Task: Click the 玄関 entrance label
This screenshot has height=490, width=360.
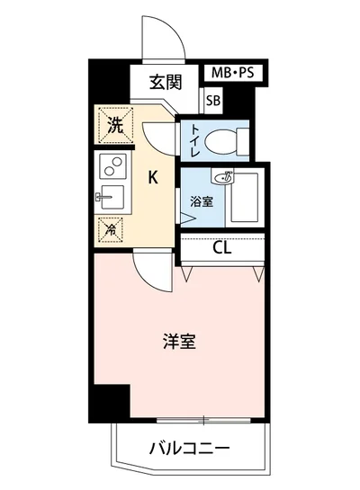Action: [x=166, y=84]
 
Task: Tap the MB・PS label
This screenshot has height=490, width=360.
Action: [x=230, y=73]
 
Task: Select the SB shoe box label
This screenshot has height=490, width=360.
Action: [x=213, y=102]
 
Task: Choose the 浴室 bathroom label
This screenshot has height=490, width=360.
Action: [x=202, y=200]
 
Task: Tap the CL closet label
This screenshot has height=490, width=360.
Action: [x=222, y=247]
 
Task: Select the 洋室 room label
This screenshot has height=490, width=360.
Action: [x=179, y=342]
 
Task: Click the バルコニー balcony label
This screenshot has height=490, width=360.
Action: [x=189, y=447]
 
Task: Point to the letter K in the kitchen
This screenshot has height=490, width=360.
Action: [x=153, y=177]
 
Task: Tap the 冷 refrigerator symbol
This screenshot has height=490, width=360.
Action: [x=110, y=228]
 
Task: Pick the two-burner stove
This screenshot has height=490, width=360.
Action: [x=112, y=165]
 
